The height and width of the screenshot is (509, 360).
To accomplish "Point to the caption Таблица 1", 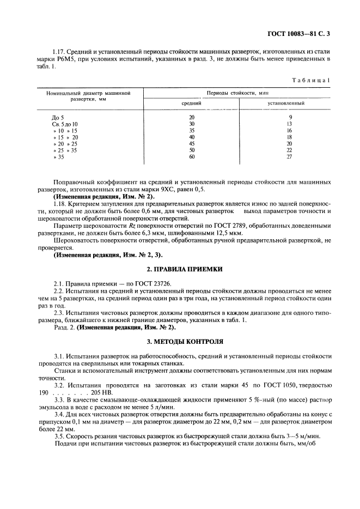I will click(x=312, y=80).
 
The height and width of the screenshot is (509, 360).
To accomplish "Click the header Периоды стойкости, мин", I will click(x=237, y=93).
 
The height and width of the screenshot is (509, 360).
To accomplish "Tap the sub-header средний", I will click(x=191, y=103).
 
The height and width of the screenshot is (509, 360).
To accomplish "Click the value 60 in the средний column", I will click(x=191, y=157).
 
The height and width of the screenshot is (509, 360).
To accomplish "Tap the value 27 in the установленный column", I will click(x=290, y=157).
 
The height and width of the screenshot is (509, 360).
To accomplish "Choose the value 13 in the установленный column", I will click(x=290, y=124).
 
